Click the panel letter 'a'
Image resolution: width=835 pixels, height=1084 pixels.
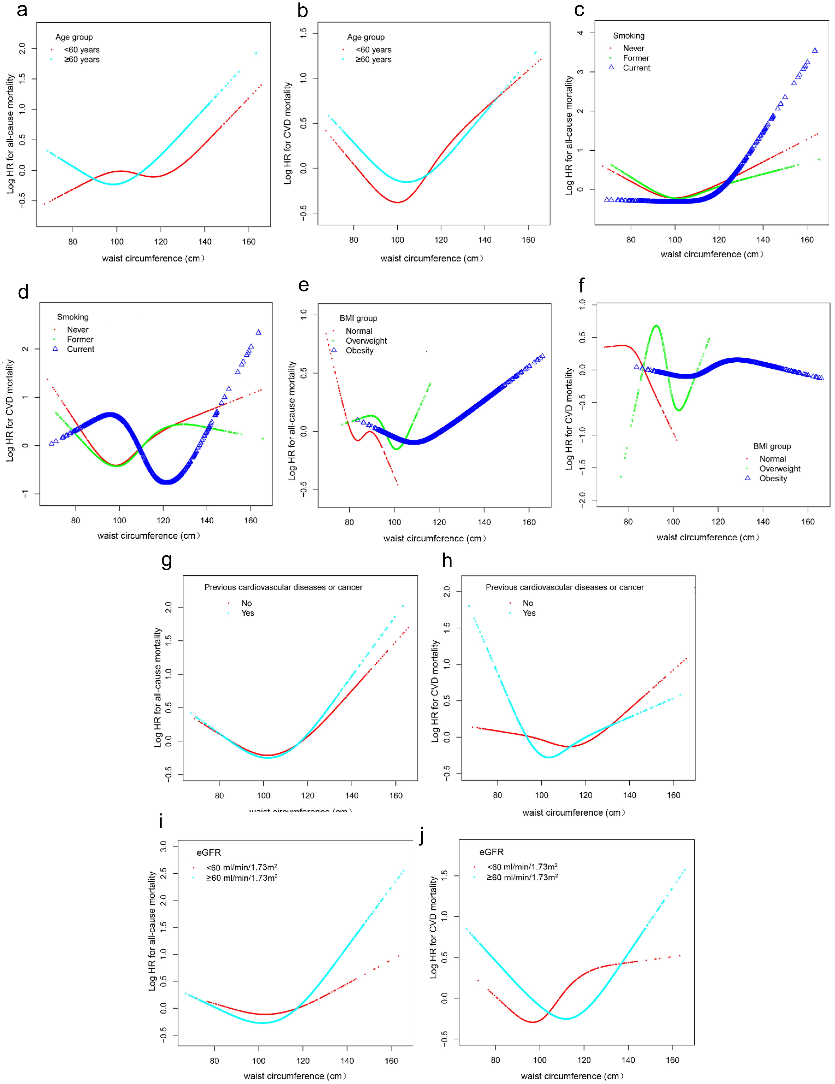(22, 10)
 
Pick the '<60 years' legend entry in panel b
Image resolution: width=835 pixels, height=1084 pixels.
(373, 50)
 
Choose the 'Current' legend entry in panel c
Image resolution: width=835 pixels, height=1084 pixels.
(636, 68)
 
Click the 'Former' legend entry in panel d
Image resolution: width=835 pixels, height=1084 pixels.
(80, 339)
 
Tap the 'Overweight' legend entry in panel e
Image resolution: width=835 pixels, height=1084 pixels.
(366, 341)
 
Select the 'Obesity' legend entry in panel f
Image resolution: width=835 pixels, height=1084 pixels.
(773, 478)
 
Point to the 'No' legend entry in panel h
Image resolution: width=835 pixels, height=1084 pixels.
(528, 603)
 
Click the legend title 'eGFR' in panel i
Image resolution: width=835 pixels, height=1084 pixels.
(209, 852)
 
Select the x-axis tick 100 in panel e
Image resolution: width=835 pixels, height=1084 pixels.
(394, 522)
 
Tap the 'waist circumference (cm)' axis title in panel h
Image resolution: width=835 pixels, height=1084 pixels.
(573, 813)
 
